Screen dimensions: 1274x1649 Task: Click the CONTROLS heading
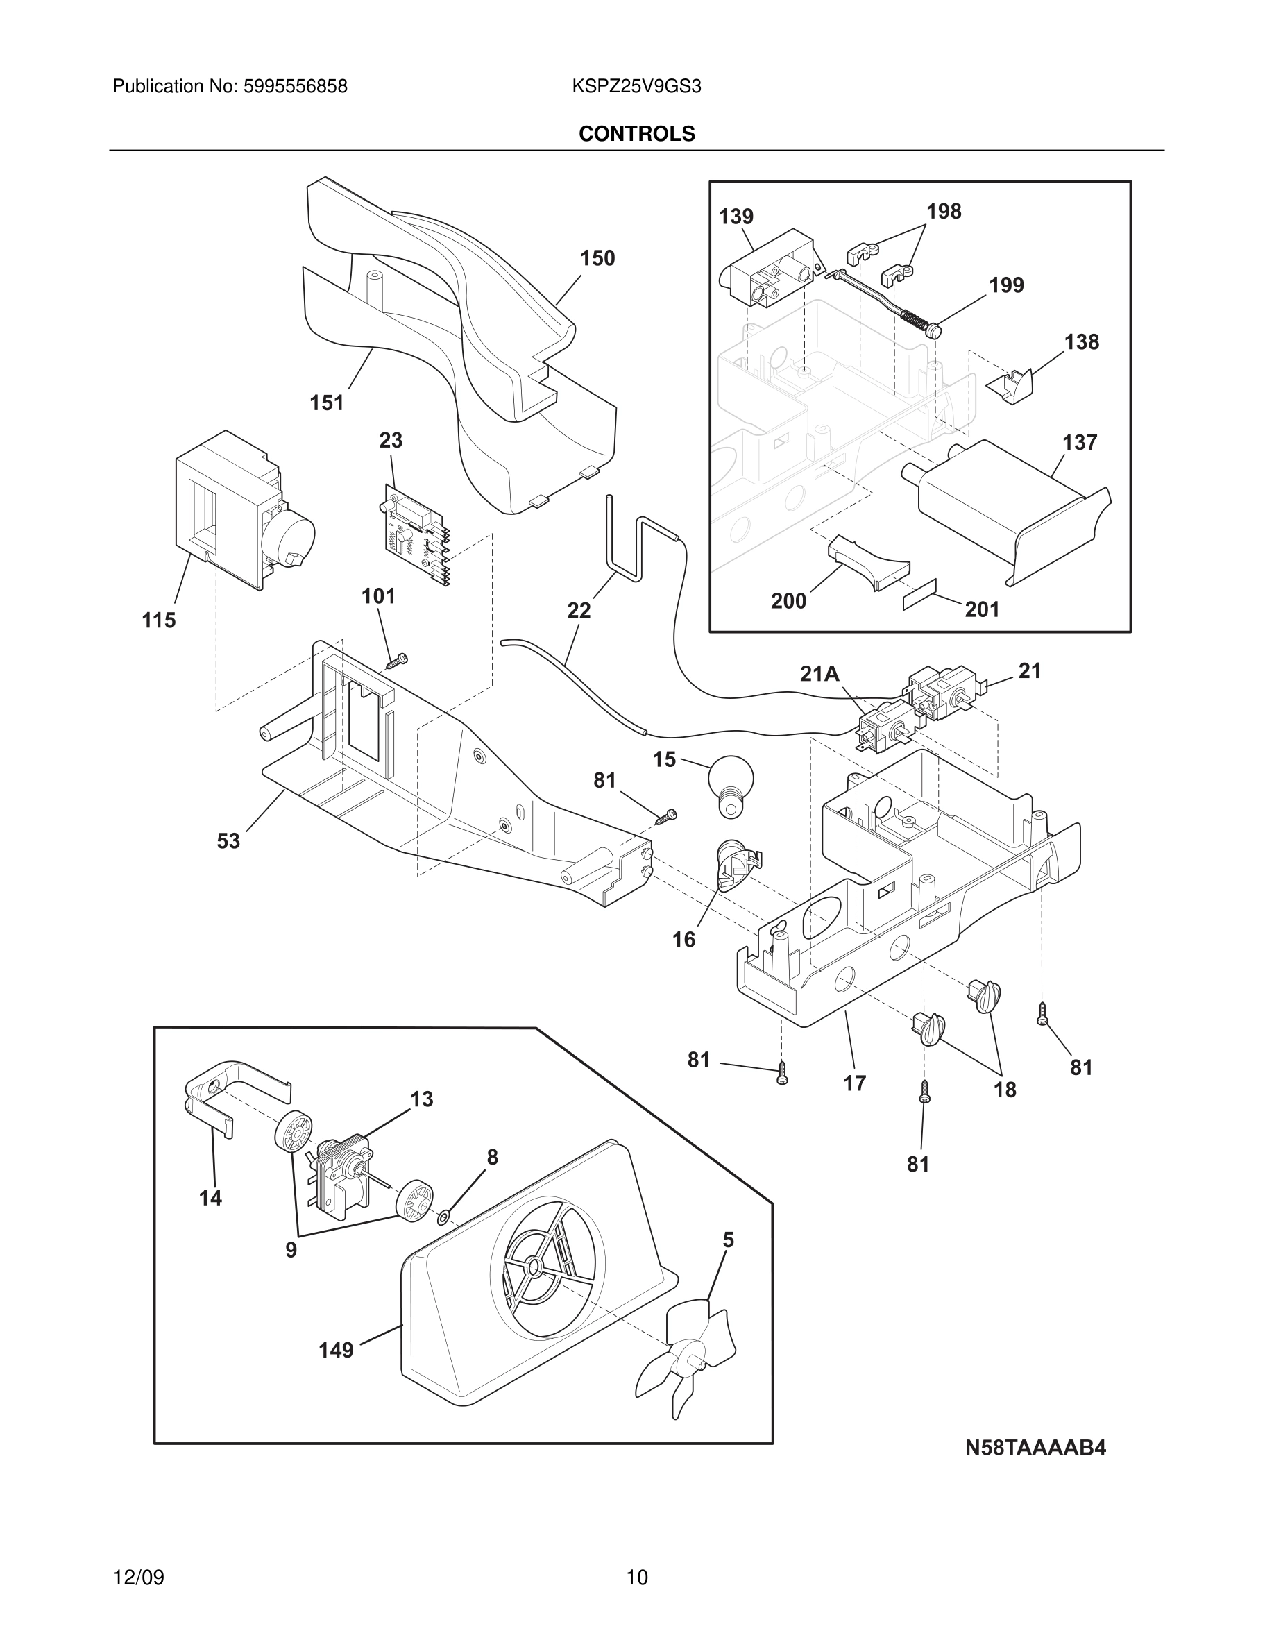point(637,134)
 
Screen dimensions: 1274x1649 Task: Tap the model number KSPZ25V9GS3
point(637,87)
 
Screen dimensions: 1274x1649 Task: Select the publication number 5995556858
point(295,87)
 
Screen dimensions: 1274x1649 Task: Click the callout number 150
point(597,258)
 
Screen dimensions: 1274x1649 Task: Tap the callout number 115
point(160,620)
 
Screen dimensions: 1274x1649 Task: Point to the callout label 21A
point(819,673)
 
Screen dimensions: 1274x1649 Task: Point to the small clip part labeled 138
point(1011,387)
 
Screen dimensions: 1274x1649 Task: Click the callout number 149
point(336,1350)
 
